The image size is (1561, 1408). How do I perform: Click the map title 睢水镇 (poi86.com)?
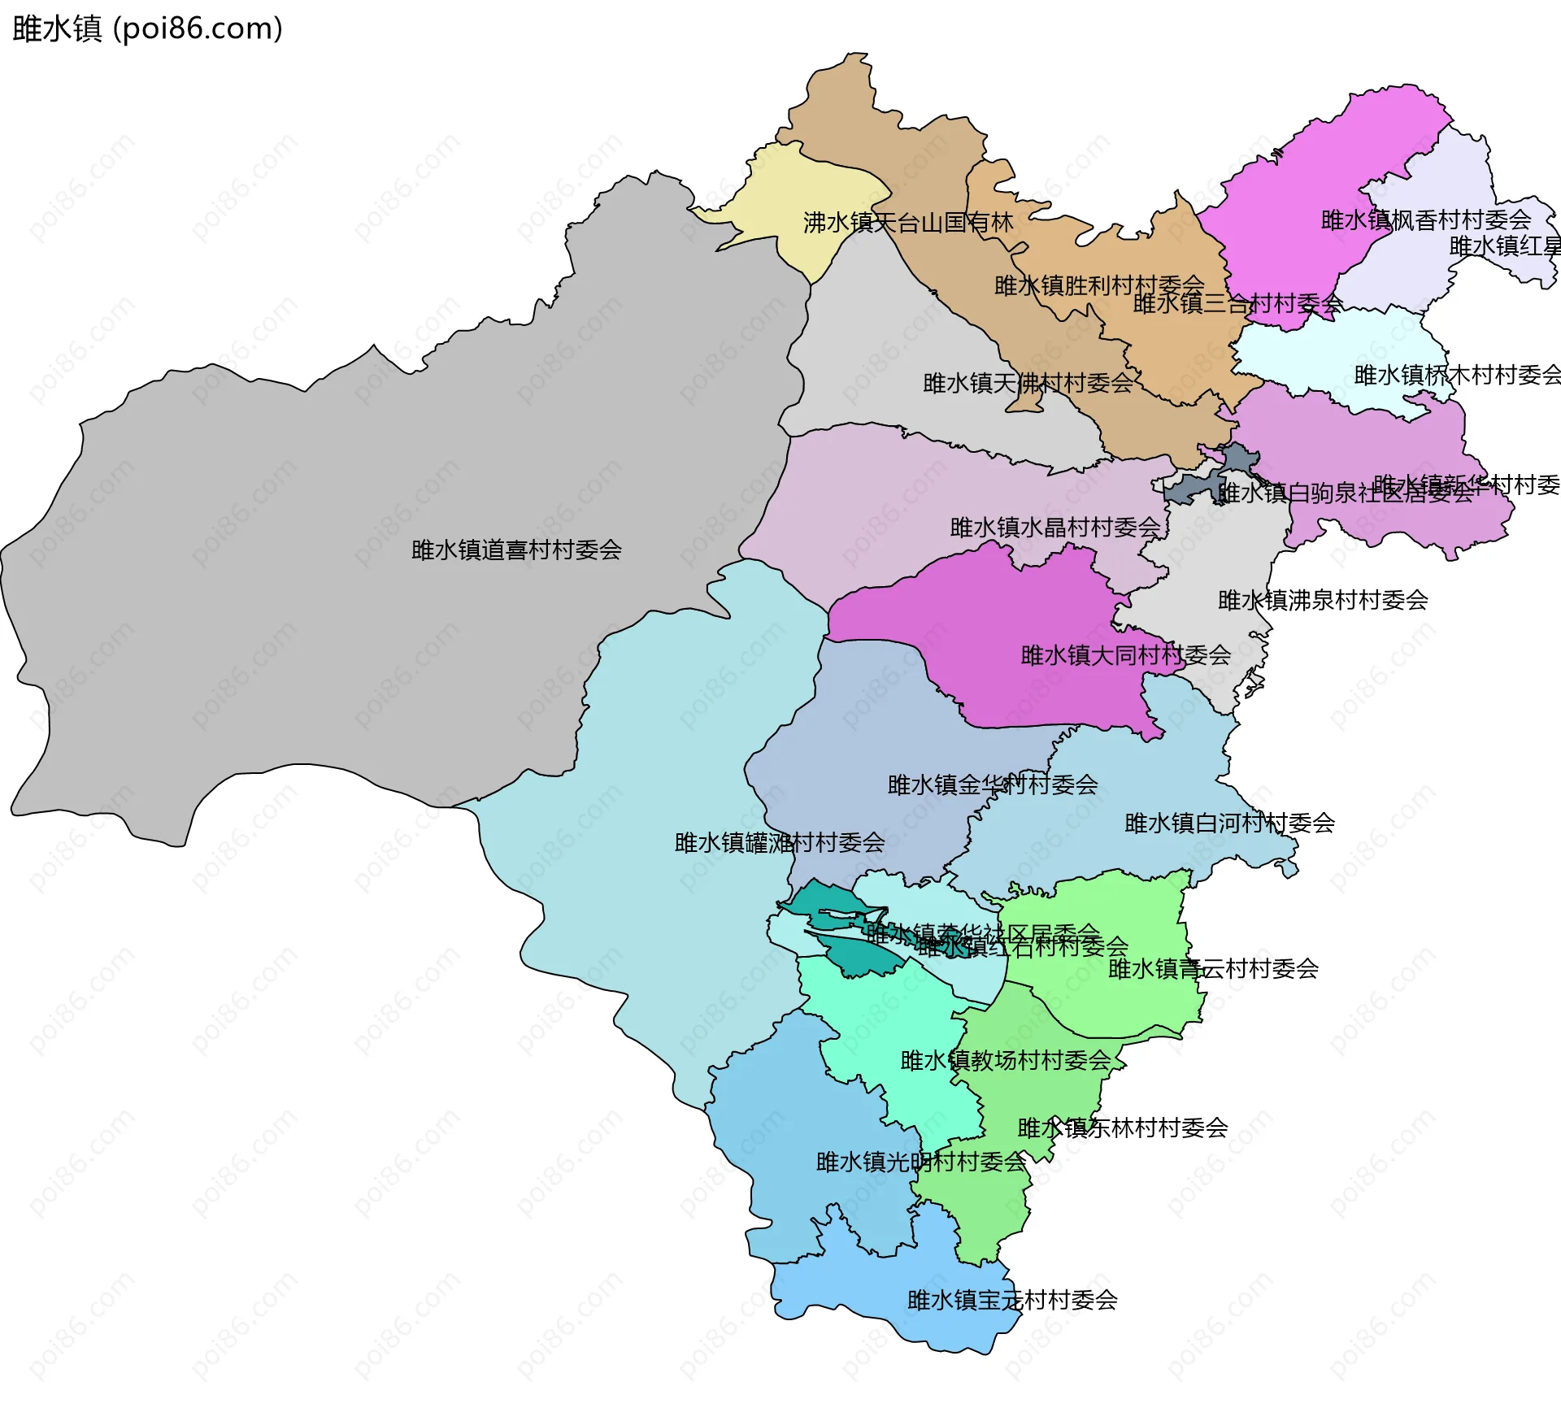pos(147,28)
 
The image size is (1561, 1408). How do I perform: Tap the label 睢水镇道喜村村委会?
pos(516,550)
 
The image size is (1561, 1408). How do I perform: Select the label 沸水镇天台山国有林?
pos(908,223)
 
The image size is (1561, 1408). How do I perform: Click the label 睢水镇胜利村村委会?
pos(1099,285)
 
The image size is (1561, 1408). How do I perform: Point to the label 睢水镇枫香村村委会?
pos(1425,220)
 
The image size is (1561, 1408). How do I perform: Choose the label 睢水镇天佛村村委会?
pos(1028,383)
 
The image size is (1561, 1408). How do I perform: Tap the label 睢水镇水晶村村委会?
pos(1055,528)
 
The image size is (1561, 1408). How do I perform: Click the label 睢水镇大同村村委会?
pos(1125,655)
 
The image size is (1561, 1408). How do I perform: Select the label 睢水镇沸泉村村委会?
pos(1323,601)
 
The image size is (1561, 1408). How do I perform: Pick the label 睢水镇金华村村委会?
pos(993,785)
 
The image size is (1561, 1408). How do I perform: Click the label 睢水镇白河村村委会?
pos(1229,824)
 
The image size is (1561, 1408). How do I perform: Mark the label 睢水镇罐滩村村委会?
pos(780,843)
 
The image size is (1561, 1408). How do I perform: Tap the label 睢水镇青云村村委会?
pos(1213,969)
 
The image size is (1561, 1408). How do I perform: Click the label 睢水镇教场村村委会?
pos(1006,1061)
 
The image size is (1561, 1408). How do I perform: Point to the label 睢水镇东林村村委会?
pos(1123,1128)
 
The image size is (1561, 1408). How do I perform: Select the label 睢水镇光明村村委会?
pos(921,1162)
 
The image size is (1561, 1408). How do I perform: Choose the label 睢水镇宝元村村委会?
pos(1012,1301)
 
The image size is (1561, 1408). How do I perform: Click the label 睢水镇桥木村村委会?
pos(1457,376)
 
